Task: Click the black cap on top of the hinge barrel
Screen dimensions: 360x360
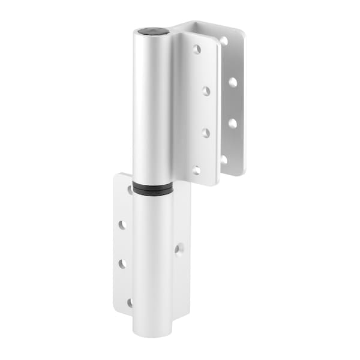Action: click(149, 31)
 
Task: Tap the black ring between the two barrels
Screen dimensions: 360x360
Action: click(152, 188)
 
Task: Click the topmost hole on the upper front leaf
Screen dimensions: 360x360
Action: click(196, 49)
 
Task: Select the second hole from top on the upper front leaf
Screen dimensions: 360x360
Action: click(205, 91)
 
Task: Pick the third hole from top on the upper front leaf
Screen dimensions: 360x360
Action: click(205, 133)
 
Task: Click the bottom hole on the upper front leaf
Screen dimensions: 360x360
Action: click(196, 170)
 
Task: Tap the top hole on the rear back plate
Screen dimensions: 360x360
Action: click(223, 41)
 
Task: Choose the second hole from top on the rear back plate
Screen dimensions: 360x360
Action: click(233, 82)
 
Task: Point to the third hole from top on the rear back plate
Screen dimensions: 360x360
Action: click(232, 123)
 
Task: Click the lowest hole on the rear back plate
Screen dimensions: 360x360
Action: click(224, 160)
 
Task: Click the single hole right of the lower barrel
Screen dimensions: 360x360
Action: click(179, 248)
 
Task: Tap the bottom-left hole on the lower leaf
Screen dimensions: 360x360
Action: click(130, 303)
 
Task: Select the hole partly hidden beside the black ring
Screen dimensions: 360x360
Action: click(130, 190)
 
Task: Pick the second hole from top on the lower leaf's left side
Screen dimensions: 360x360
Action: click(122, 224)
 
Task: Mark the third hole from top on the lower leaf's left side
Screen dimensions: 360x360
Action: click(122, 264)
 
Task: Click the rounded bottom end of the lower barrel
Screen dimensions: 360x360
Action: click(152, 331)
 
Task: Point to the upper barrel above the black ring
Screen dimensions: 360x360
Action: click(152, 108)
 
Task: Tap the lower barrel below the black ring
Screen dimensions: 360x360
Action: click(152, 258)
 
